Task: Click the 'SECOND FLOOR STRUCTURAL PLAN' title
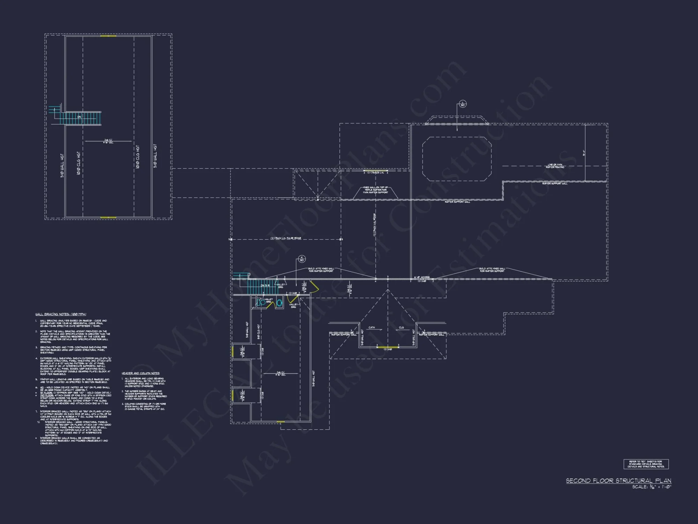[618, 481]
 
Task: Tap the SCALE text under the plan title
[652, 487]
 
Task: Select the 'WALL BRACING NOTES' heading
[61, 314]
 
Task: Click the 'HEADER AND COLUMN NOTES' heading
[140, 373]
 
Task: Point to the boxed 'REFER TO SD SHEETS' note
[646, 464]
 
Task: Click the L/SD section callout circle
[463, 104]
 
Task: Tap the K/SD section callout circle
[302, 259]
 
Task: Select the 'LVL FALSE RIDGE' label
[285, 238]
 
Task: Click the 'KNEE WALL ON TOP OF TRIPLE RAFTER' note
[376, 190]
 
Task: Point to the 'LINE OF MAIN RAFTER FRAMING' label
[555, 166]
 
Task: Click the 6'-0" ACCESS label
[422, 277]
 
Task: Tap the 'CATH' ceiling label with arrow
[372, 327]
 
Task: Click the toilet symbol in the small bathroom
[261, 302]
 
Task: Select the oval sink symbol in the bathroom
[279, 303]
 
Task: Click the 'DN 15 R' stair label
[265, 286]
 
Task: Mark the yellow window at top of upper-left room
[108, 36]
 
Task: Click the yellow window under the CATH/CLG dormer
[387, 347]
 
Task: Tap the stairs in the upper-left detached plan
[80, 118]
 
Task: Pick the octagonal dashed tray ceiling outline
[457, 159]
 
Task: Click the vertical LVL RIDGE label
[374, 225]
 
